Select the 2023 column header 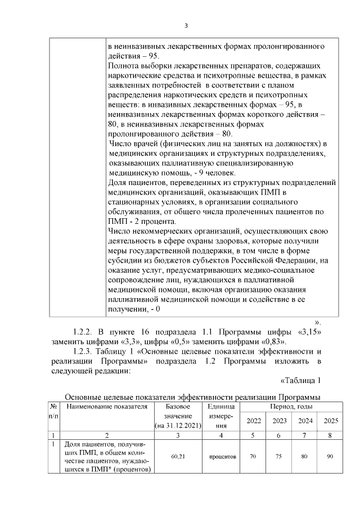(x=279, y=421)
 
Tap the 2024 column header (x=304, y=421)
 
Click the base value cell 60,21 (x=178, y=457)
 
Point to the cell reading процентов (x=222, y=457)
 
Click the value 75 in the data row (x=279, y=457)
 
